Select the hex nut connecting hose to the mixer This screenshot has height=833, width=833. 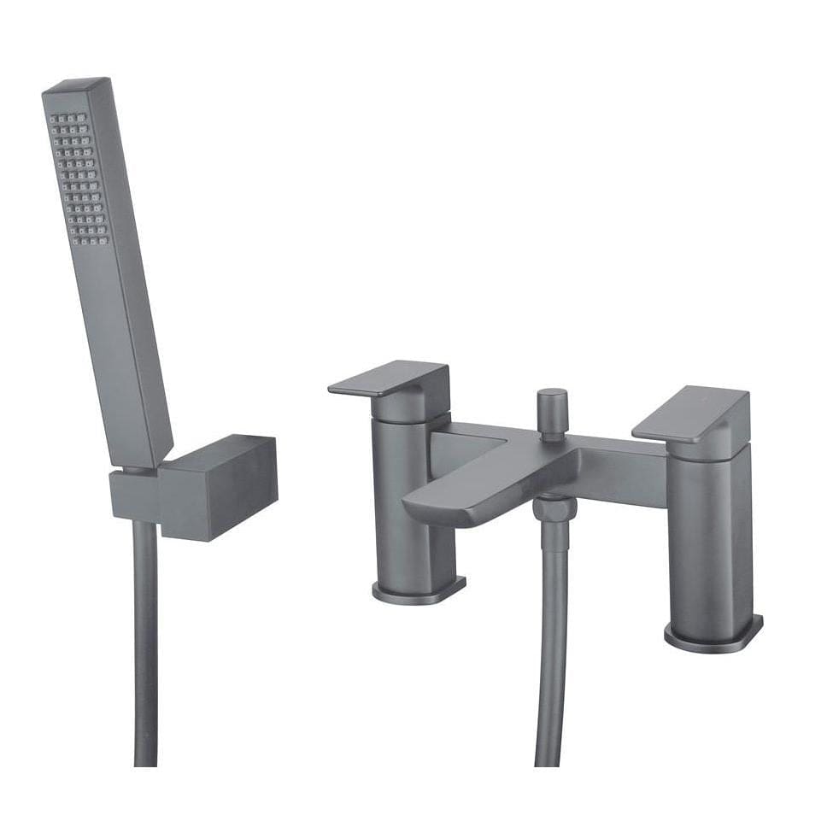pos(554,508)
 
